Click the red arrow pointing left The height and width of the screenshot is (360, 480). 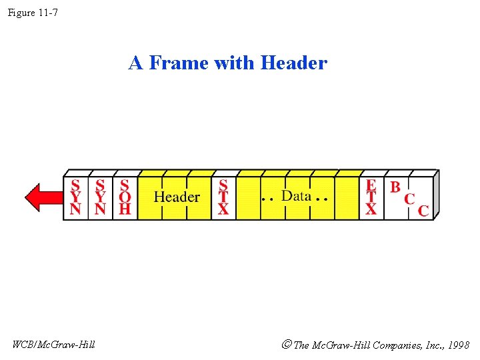pyautogui.click(x=43, y=197)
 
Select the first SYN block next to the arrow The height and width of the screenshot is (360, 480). pyautogui.click(x=76, y=197)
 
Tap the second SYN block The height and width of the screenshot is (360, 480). pyautogui.click(x=100, y=197)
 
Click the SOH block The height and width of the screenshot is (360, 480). pyautogui.click(x=125, y=197)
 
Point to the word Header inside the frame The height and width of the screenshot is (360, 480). pyautogui.click(x=177, y=197)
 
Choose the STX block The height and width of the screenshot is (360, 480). pyautogui.click(x=223, y=197)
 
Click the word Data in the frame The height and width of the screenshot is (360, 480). pyautogui.click(x=296, y=195)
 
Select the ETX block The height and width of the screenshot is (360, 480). pyautogui.click(x=371, y=197)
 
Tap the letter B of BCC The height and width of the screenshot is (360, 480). pyautogui.click(x=395, y=187)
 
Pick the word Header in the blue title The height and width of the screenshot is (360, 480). pyautogui.click(x=294, y=63)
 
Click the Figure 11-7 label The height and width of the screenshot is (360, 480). pyautogui.click(x=33, y=12)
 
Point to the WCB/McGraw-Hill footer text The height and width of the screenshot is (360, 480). pyautogui.click(x=53, y=344)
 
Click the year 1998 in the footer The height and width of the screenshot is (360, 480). pyautogui.click(x=458, y=345)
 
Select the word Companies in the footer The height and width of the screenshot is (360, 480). pyautogui.click(x=394, y=345)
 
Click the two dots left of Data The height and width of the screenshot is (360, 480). pyautogui.click(x=268, y=199)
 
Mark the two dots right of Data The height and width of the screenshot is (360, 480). pyautogui.click(x=322, y=199)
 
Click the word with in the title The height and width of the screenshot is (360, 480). pyautogui.click(x=237, y=63)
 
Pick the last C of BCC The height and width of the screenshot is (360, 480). pyautogui.click(x=423, y=211)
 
